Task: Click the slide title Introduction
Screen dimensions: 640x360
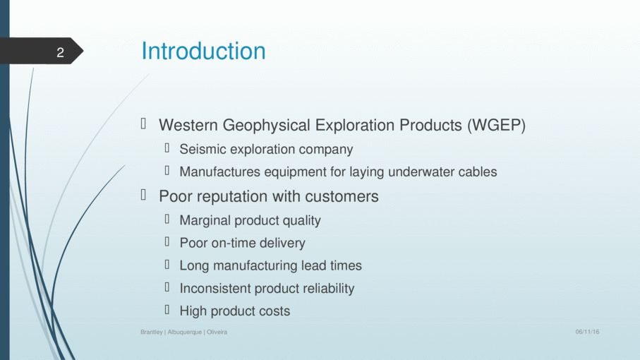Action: [x=203, y=51]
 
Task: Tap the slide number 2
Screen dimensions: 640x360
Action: [x=61, y=52]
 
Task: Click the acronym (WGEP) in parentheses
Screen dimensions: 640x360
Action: [x=496, y=126]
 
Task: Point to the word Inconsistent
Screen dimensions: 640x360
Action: [x=215, y=289]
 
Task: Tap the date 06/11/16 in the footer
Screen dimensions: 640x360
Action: [x=587, y=332]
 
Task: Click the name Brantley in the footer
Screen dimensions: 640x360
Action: [x=152, y=332]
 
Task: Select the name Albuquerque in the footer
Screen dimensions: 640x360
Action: [x=184, y=332]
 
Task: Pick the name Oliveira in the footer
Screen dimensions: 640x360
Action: [x=217, y=332]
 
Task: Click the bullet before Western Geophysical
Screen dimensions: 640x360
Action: [x=143, y=124]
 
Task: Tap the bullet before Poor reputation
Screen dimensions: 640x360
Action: [x=143, y=195]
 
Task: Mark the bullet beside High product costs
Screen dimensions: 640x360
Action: [x=167, y=310]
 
